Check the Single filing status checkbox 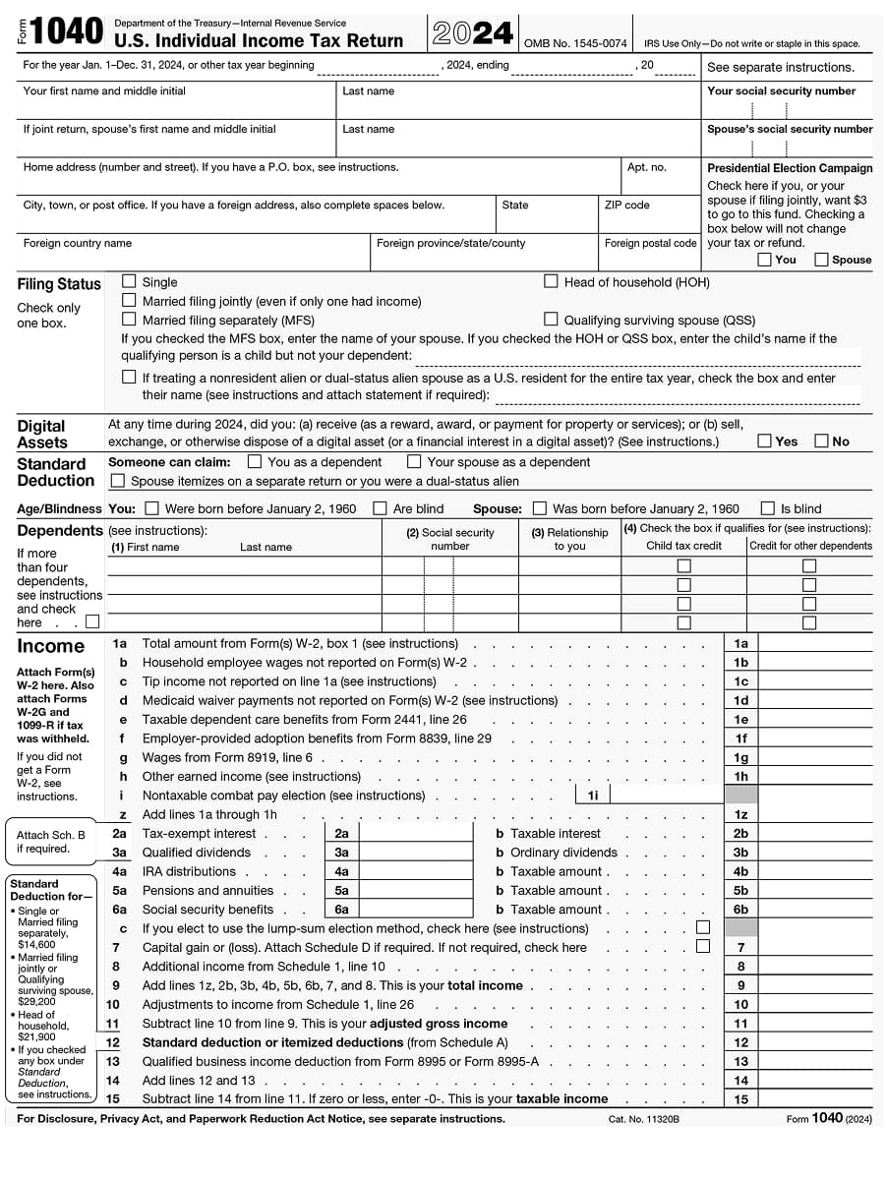pos(129,282)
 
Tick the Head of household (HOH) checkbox pos(551,282)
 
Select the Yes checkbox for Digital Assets pos(764,442)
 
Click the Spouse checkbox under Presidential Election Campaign pos(821,260)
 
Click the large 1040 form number pos(66,32)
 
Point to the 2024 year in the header pos(472,34)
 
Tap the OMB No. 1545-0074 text pos(575,43)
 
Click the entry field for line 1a pos(814,643)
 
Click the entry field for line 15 pos(814,1099)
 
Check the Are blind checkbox pos(380,508)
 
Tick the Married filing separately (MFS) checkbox pos(129,320)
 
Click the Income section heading pos(50,646)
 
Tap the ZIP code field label pos(626,206)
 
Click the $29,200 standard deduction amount pos(36,1001)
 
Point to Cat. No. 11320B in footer pos(643,1119)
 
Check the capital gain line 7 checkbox pos(702,947)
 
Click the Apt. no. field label pos(646,167)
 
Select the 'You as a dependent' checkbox pos(255,461)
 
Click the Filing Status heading pos(59,284)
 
